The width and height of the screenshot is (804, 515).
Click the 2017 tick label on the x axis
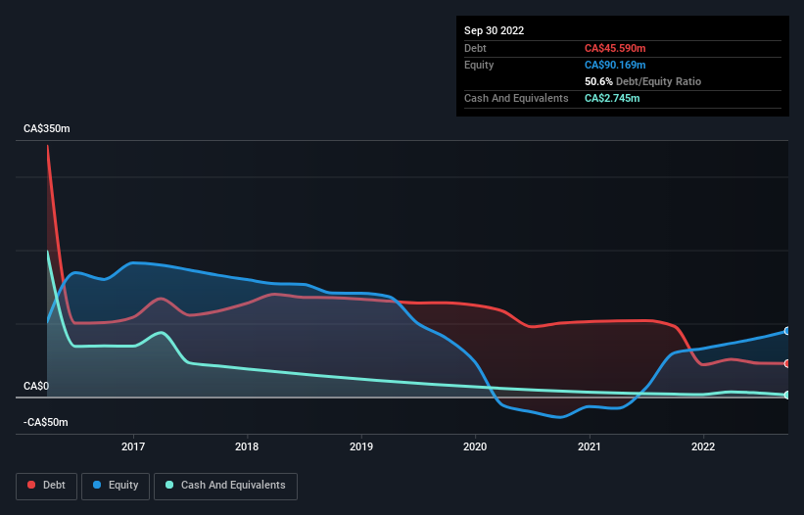point(133,446)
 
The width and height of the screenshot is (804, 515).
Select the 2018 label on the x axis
point(248,446)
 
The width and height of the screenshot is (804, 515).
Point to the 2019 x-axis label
point(361,446)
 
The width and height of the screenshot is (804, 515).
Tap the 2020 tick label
point(475,446)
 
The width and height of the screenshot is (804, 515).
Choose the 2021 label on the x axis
point(590,446)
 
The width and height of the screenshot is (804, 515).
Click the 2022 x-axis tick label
point(703,446)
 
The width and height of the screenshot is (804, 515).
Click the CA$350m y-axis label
point(47,129)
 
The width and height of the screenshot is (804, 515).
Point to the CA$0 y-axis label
point(36,387)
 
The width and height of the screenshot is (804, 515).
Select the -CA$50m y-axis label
point(46,422)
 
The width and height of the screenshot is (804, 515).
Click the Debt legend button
point(48,485)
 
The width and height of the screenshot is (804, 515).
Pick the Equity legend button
point(116,485)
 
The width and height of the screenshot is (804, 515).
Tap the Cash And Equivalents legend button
point(225,485)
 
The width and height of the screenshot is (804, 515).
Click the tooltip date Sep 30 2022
point(495,30)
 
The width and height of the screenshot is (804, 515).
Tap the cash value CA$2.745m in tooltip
point(612,98)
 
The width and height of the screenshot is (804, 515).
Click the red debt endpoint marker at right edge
point(786,363)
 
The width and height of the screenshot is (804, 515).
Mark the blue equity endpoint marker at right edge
point(786,331)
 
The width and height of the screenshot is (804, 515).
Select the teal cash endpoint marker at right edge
point(786,395)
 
